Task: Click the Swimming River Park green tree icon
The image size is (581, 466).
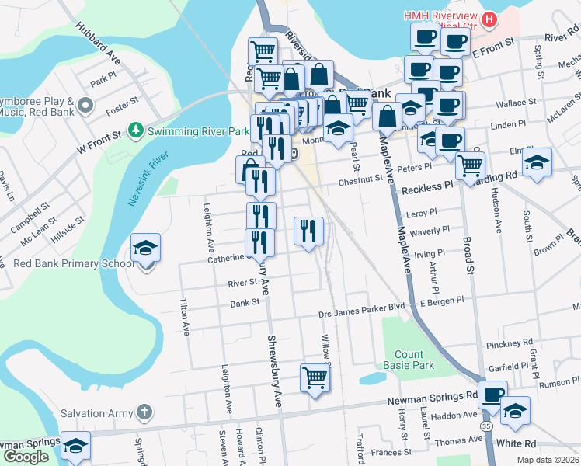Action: tap(137, 128)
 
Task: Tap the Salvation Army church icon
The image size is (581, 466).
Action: tap(143, 412)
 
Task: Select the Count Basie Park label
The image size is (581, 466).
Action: tap(408, 359)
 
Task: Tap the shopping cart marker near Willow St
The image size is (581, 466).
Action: tap(315, 378)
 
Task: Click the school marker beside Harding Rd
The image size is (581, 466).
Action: tap(537, 162)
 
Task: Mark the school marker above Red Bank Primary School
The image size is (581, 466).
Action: tap(146, 248)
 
